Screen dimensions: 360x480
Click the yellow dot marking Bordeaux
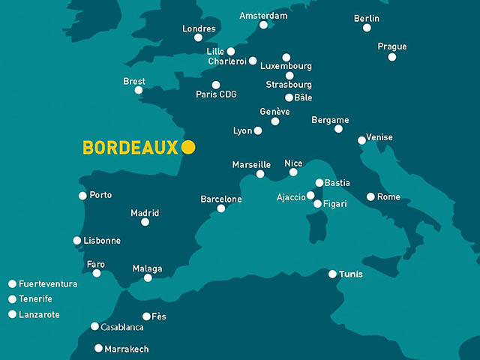pos(188,147)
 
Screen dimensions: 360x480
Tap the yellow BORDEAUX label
pos(130,148)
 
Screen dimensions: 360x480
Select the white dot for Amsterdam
pos(263,25)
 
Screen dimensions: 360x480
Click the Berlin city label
pos(367,18)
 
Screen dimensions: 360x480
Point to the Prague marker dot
pos(392,57)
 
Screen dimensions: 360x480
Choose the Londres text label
pos(199,28)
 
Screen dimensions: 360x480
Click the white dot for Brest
pos(139,90)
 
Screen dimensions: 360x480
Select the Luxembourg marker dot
pos(286,57)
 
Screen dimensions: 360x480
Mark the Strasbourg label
pos(289,85)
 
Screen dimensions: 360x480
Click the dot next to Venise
pos(361,140)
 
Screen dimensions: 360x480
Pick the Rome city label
pos(388,197)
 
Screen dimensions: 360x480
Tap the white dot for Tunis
pos(332,274)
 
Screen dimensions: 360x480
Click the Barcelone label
pos(221,199)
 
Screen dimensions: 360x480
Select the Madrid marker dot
pos(145,222)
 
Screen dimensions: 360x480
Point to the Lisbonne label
pos(102,241)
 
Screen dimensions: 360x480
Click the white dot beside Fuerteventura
pos(12,284)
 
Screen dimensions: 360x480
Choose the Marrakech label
pos(127,349)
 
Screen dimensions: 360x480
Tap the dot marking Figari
pos(317,204)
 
